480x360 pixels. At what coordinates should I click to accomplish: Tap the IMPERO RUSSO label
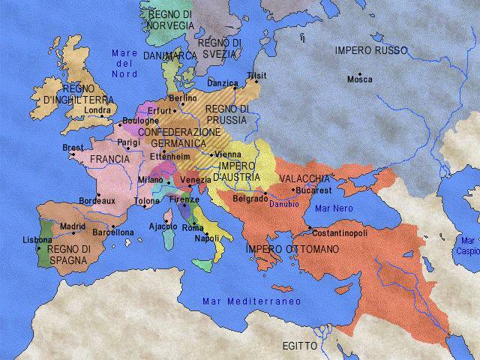coord(370,50)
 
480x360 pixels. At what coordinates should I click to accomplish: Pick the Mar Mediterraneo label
coord(251,301)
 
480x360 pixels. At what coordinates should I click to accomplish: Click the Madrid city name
coord(73,226)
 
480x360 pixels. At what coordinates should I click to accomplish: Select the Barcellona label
coord(112,233)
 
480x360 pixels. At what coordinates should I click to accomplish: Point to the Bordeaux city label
coord(97,201)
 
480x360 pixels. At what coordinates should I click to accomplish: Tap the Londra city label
coord(98,110)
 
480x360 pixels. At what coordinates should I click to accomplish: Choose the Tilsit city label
coord(256,75)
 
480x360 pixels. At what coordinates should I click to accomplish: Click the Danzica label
coord(222,82)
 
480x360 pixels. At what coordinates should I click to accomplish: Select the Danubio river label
coord(284,203)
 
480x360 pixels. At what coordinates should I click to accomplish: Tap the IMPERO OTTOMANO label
coord(292,248)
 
